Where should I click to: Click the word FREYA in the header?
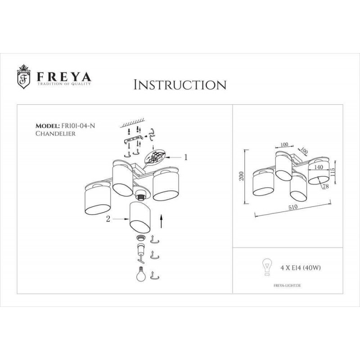64,76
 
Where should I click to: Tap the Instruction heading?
180,85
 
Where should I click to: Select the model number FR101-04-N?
77,126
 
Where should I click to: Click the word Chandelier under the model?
55,133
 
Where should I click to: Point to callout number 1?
186,157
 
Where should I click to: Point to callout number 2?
108,219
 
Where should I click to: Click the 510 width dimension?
293,207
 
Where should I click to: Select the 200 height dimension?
242,176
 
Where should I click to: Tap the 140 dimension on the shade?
318,167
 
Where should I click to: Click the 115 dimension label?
333,172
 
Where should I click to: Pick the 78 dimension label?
325,186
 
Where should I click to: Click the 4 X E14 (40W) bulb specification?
301,268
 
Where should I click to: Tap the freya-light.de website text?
287,286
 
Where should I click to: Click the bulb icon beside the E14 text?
267,267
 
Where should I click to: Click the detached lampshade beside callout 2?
140,217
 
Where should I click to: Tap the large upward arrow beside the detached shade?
161,221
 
